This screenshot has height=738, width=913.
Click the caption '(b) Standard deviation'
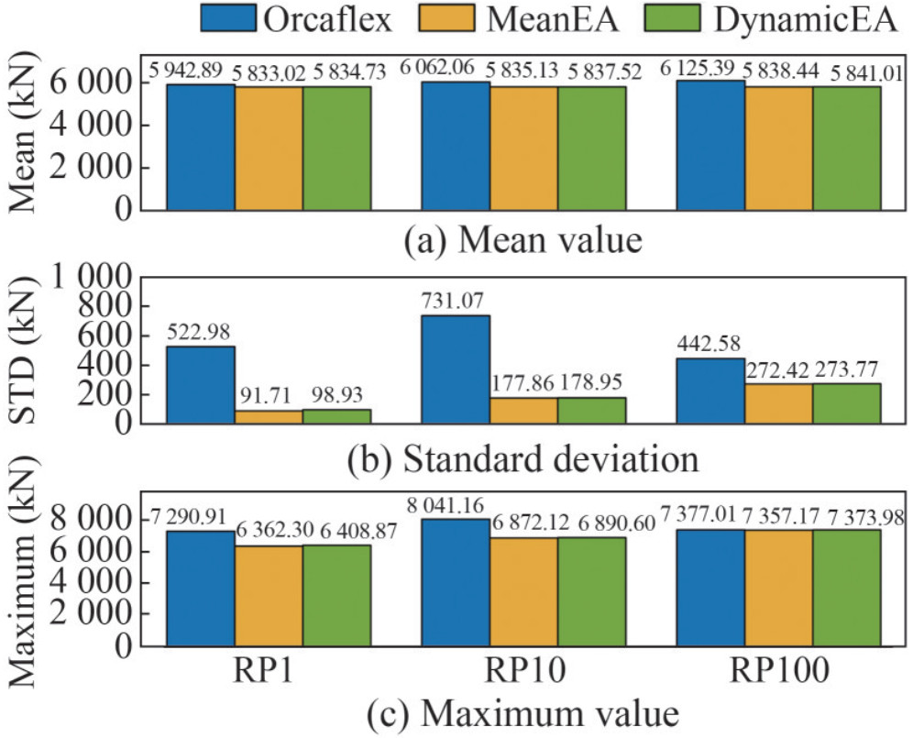tap(524, 456)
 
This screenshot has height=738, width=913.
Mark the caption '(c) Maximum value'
tap(524, 711)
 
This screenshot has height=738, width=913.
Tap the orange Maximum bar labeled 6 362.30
tap(269, 596)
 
